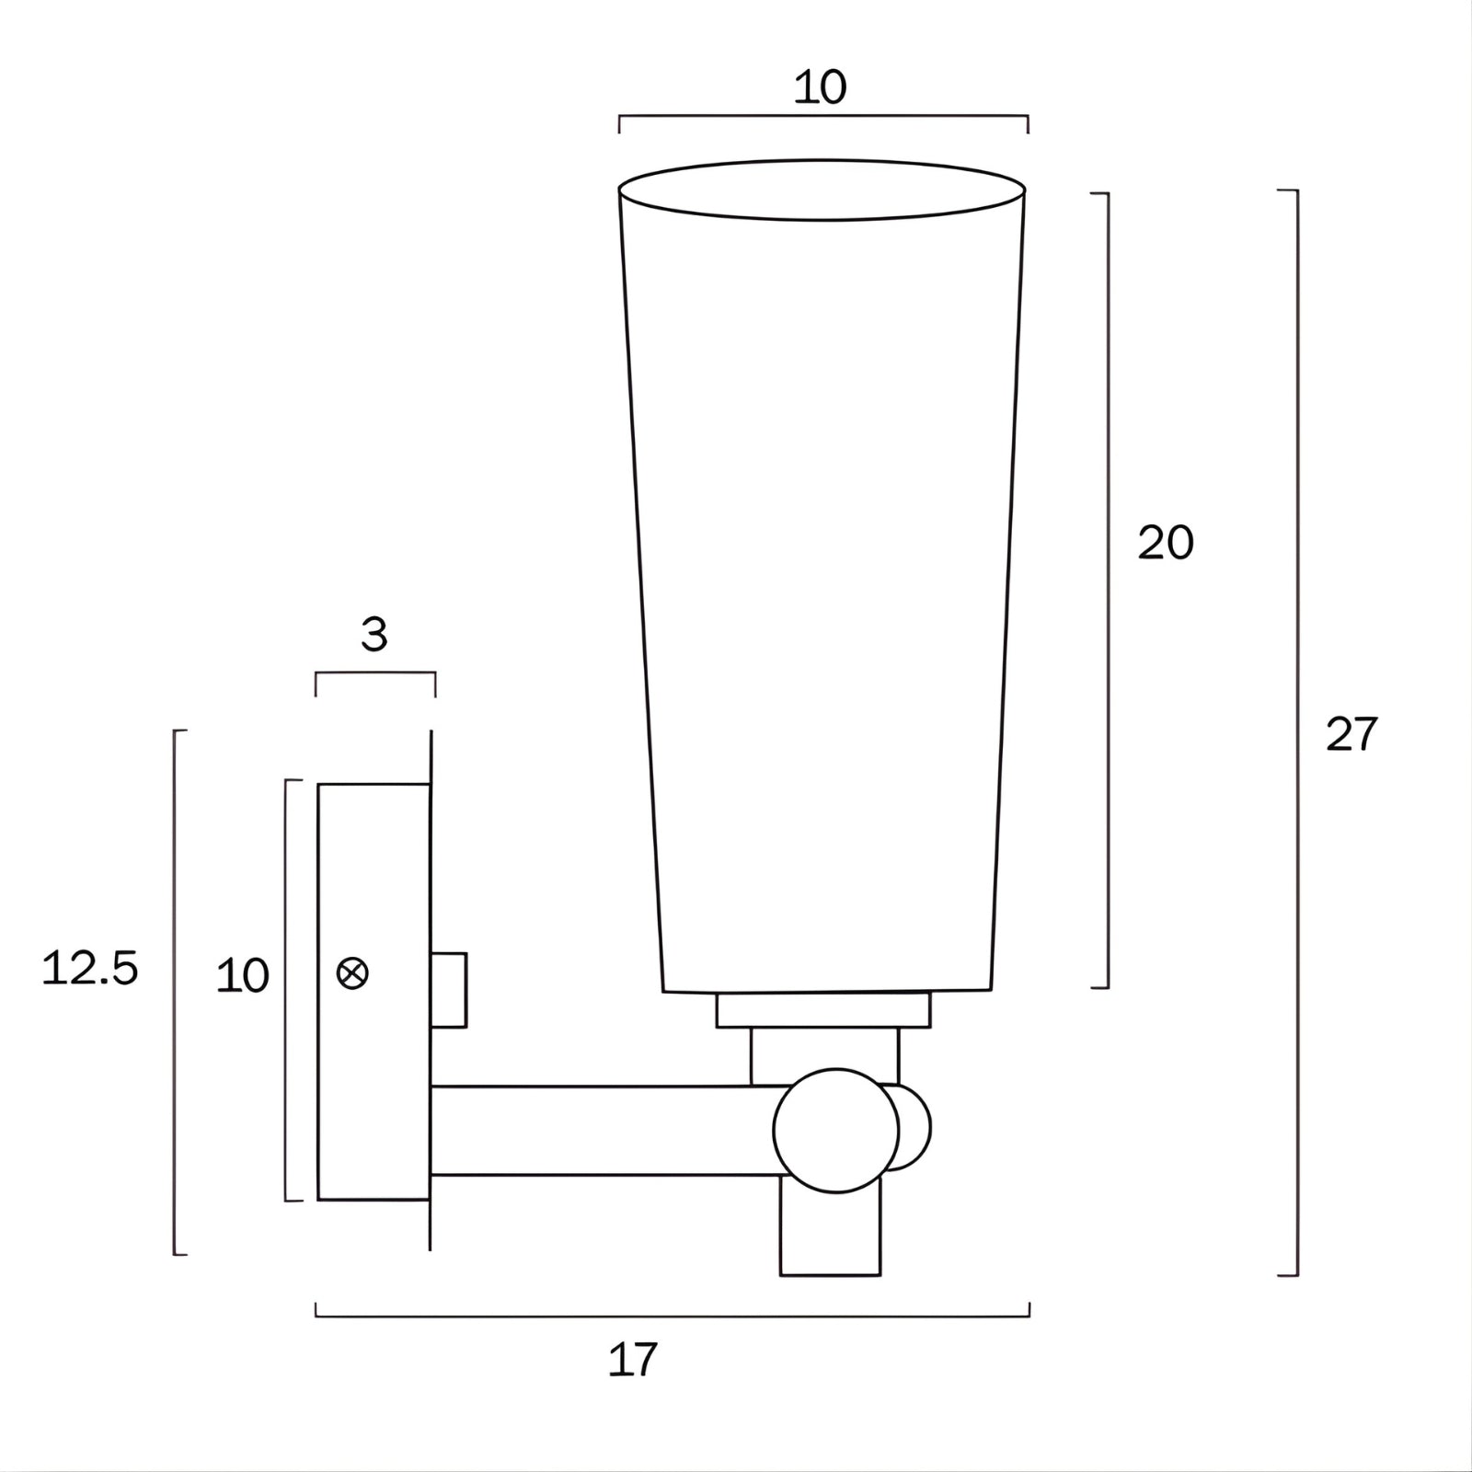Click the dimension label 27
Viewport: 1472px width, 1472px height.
[1351, 734]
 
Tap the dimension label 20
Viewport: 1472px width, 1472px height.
[1165, 543]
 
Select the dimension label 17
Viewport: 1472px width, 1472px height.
[633, 1360]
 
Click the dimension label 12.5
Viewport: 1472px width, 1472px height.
[90, 969]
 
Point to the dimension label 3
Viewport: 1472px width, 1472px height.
[374, 635]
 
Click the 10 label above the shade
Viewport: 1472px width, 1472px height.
[820, 88]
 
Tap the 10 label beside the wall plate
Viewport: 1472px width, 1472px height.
[243, 976]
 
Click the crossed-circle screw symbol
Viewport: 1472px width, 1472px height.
[353, 973]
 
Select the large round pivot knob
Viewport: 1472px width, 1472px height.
[835, 1131]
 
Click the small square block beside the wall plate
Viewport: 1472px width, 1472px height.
[450, 990]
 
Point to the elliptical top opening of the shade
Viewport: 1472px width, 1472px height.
[822, 190]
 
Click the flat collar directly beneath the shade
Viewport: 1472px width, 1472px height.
[823, 1010]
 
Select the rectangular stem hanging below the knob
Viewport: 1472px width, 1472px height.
[830, 1237]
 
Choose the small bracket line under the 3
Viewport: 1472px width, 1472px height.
[375, 673]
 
